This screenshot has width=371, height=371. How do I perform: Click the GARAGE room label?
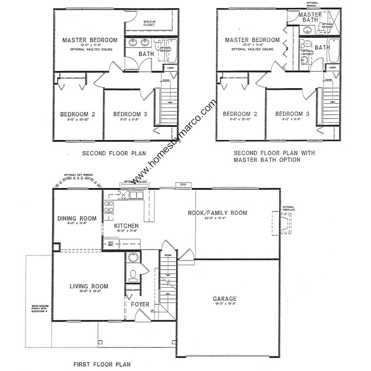point(225,299)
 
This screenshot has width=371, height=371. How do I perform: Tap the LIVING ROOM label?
point(89,286)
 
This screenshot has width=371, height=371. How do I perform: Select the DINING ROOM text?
point(77,218)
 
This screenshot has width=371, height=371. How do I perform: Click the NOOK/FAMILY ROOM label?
point(218,213)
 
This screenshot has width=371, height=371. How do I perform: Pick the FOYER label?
point(140,304)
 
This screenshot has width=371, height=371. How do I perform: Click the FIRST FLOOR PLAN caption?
point(102,364)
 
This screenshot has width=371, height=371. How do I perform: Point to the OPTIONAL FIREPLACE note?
point(289,208)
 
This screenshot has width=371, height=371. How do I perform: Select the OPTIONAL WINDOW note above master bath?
point(313,4)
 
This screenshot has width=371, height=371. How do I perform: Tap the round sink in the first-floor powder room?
point(133,257)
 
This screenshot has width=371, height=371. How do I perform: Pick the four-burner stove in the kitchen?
point(109,206)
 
